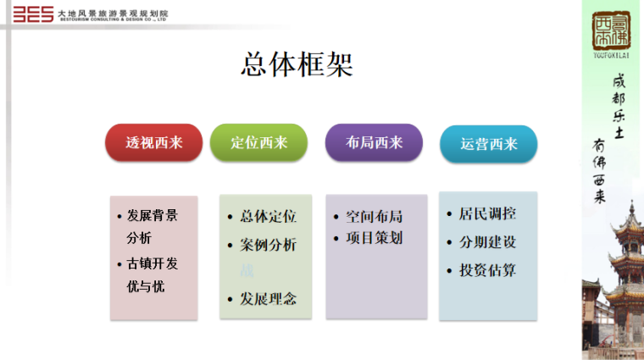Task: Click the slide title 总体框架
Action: point(297,64)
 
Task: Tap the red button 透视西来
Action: point(154,142)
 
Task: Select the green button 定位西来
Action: point(259,142)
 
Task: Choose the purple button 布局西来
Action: point(374,142)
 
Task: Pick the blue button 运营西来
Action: point(488,144)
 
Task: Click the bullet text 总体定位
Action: point(268,216)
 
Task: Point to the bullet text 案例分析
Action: point(268,245)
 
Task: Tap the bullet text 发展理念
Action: point(268,299)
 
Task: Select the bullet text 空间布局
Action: point(374,216)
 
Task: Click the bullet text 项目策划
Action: point(374,238)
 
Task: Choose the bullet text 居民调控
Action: point(487,214)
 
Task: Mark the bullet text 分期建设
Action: point(487,242)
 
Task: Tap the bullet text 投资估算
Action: point(487,271)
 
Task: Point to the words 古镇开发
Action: point(153,263)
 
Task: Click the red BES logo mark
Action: point(29,14)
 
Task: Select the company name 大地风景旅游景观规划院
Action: point(113,13)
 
